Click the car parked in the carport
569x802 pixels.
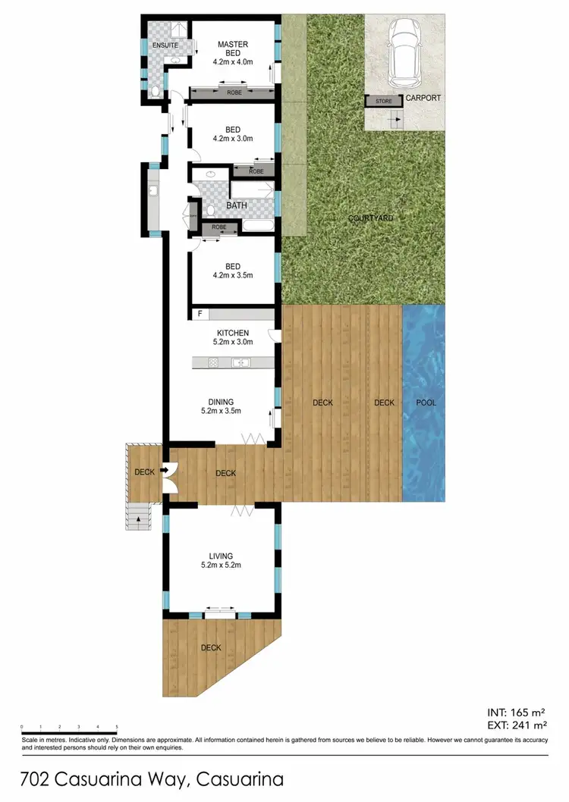[403, 54]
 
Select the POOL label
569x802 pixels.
[426, 403]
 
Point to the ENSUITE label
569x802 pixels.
[165, 45]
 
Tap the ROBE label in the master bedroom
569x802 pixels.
[236, 92]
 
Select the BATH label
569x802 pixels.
[237, 205]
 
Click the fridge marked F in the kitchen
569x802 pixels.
[200, 313]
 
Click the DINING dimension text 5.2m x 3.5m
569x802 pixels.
[221, 412]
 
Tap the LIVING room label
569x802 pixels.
[222, 556]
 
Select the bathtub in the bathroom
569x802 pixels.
[258, 225]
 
